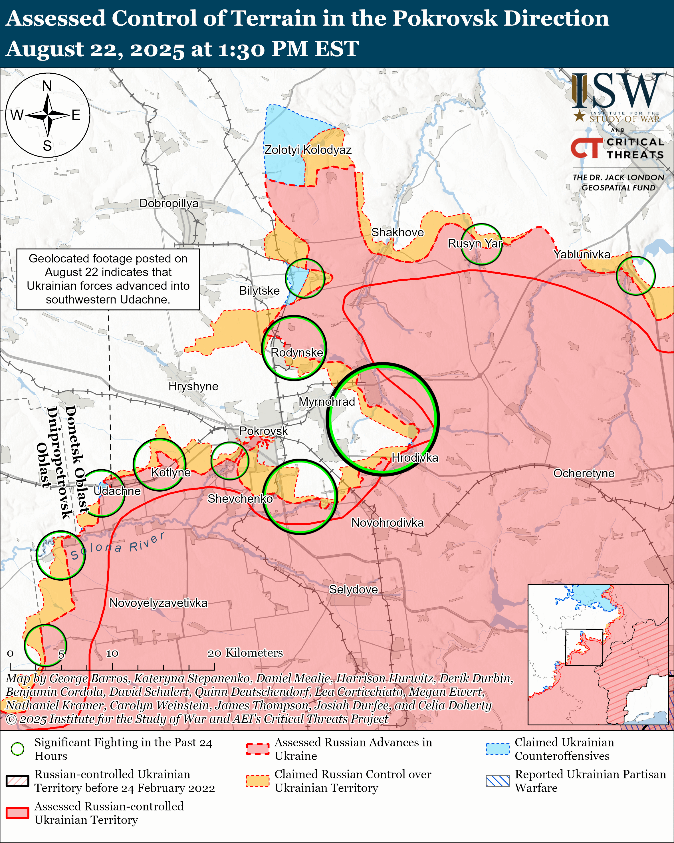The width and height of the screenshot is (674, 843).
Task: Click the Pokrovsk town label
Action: [263, 430]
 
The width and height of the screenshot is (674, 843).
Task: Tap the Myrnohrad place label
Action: [327, 402]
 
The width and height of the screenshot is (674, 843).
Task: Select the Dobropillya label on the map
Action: [169, 203]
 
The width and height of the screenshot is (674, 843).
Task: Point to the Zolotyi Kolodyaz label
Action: [308, 150]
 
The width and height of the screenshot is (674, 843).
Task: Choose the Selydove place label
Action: [353, 589]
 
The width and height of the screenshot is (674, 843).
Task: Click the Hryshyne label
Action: [193, 386]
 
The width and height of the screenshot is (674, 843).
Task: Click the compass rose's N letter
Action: [47, 86]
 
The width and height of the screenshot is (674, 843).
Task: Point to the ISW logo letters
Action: [617, 92]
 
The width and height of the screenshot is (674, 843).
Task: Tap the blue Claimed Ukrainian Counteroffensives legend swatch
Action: [498, 749]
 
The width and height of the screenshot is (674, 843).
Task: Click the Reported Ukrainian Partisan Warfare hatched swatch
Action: [498, 780]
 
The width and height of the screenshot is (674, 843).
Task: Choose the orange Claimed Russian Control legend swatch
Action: [257, 780]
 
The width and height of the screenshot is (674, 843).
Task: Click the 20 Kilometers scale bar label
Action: [245, 653]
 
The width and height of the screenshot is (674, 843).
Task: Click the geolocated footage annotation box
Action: [108, 279]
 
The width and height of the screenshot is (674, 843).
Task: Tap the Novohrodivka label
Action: [387, 522]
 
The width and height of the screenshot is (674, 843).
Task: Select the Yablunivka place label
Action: [582, 255]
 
